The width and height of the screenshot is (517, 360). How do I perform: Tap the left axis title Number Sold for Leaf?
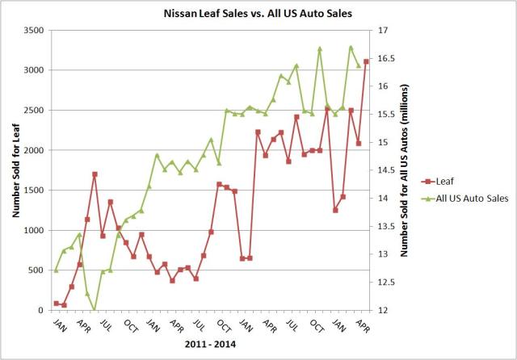tap(16, 170)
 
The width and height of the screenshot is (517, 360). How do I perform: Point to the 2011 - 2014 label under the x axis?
tap(211, 345)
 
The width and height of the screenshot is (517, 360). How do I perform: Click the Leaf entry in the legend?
tap(439, 182)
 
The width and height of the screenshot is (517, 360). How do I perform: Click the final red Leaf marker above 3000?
tap(366, 61)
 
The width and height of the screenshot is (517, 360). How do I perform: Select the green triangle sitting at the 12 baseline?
tap(95, 310)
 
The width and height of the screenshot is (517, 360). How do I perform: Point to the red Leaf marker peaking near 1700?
tap(95, 174)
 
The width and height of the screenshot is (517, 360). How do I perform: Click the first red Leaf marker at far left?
tap(56, 303)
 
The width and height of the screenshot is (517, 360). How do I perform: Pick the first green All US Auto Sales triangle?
tap(56, 270)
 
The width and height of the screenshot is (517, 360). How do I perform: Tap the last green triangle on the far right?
tap(359, 65)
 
